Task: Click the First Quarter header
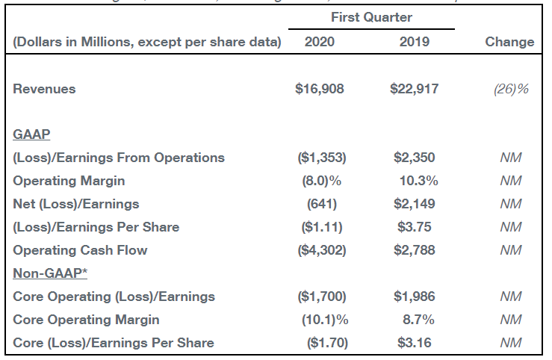tap(371, 17)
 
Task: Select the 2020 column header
tap(320, 42)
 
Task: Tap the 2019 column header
tap(415, 42)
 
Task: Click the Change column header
tap(509, 42)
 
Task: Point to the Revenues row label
tap(45, 89)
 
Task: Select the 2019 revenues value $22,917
tap(415, 89)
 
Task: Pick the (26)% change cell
tap(511, 89)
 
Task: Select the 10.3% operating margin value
tap(418, 181)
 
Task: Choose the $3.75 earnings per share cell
tap(415, 227)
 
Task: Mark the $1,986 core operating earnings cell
tap(415, 297)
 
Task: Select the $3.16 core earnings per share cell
tap(415, 343)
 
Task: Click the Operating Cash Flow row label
tap(80, 250)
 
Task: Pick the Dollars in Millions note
tap(146, 42)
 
